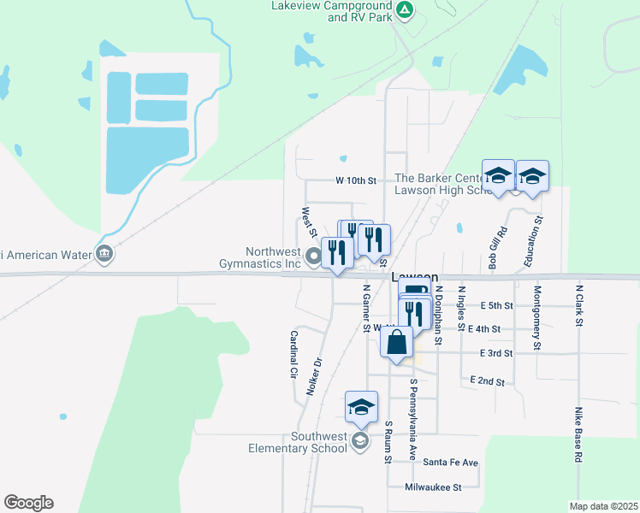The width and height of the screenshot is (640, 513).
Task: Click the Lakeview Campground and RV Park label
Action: (x=330, y=11)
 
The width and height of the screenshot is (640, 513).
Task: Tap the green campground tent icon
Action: (x=406, y=11)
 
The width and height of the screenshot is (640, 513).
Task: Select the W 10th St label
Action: (x=356, y=181)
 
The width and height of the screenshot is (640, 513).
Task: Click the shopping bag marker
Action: (x=396, y=344)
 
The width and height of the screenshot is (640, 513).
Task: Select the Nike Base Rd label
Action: (x=578, y=434)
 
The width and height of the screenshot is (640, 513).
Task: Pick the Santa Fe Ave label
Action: (x=451, y=463)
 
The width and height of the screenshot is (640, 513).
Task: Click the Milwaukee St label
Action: (x=434, y=487)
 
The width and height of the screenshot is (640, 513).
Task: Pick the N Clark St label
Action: (x=579, y=305)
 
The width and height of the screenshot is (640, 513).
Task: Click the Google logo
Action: (x=28, y=503)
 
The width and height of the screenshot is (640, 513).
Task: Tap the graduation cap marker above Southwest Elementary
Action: (x=361, y=407)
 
